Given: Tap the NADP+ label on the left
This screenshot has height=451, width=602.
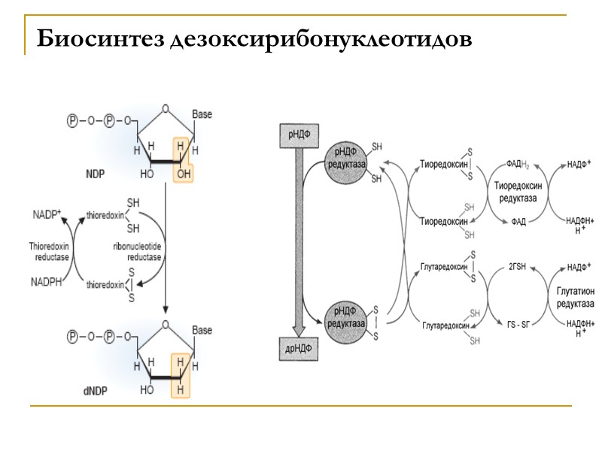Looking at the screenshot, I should tap(47, 213).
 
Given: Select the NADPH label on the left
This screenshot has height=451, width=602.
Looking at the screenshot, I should tap(47, 283).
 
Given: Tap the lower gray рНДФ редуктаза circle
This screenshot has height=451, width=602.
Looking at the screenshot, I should tap(345, 318).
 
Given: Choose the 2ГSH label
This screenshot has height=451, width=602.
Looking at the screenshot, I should tap(518, 265).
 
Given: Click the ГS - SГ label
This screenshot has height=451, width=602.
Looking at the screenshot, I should tap(518, 324).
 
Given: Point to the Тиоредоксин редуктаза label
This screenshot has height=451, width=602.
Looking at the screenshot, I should tap(518, 192).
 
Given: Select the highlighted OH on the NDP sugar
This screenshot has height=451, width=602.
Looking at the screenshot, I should tap(183, 173).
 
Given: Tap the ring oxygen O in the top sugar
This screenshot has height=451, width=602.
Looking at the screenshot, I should tap(165, 107).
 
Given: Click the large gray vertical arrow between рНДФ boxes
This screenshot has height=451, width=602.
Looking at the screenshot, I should tap(299, 241).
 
